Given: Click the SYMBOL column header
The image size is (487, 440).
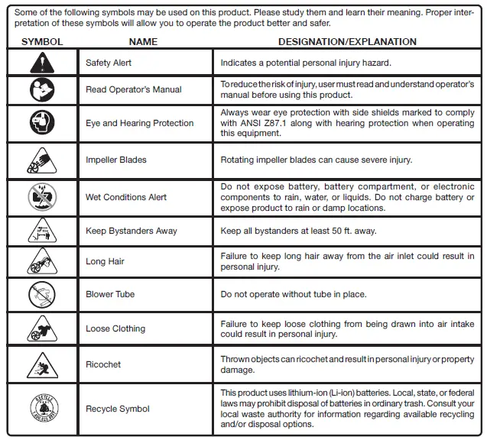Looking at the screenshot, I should coord(42,41).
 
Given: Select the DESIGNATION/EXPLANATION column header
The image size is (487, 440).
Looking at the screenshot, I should coord(347,41).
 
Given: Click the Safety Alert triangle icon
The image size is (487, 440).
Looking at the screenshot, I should coord(42,63).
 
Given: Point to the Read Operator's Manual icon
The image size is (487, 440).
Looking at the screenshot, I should coord(42,89).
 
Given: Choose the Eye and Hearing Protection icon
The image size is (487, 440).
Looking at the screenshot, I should coord(42,123).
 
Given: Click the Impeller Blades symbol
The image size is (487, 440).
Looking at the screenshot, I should coord(42,160).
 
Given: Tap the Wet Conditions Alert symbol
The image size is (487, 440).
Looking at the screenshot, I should coord(42,197).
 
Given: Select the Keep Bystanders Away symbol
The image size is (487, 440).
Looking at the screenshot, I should coord(42,231).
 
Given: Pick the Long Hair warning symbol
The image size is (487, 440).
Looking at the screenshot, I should coord(42,261).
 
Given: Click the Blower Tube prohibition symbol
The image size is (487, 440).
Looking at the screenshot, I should coord(42,294).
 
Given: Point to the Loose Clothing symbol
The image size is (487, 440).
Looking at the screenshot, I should coord(42,328).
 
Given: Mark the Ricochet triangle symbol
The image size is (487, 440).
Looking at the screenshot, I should coord(42,364).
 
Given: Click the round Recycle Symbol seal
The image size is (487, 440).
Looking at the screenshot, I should coord(42,409).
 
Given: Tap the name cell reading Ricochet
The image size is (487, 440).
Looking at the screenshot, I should coord(103,365).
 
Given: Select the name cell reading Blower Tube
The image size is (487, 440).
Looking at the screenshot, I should coord(112,295).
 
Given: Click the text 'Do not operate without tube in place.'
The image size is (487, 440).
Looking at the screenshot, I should coord(294,295).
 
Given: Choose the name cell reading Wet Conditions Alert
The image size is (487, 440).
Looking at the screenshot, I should coord(126,197).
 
